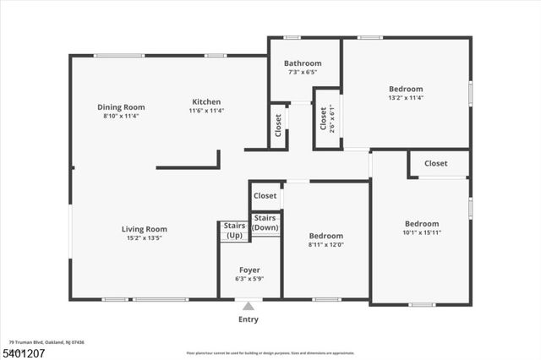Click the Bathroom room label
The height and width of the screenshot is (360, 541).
click(303, 63)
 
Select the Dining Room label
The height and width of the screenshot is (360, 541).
click(121, 107)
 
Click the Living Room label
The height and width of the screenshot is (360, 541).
click(144, 229)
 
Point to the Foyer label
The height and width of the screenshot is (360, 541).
click(249, 270)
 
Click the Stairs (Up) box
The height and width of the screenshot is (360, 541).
click(234, 230)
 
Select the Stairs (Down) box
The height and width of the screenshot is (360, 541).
click(265, 223)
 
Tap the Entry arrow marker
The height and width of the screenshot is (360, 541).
click(248, 306)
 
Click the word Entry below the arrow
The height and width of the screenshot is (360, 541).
click(248, 319)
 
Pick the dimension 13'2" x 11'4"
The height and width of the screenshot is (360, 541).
click(406, 98)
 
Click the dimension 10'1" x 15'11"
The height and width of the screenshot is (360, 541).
click(421, 232)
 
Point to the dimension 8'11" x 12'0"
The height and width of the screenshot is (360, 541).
click(325, 245)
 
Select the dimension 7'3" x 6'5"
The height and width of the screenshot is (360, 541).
click(303, 73)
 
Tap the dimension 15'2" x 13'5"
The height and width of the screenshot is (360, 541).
click(144, 238)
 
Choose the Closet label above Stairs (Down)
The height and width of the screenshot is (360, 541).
click(265, 196)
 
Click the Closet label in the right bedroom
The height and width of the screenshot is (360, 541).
click(436, 163)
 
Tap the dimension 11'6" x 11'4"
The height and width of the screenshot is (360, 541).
click(205, 111)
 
